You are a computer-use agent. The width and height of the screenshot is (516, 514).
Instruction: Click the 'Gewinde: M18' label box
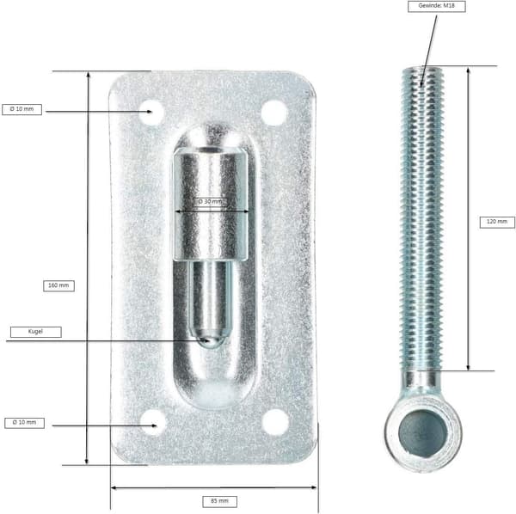point(436,6)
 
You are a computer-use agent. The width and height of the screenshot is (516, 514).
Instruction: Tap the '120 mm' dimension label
point(497,222)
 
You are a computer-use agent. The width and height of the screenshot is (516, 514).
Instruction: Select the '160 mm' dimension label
point(58,285)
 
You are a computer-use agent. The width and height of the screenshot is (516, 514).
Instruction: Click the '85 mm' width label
point(219,501)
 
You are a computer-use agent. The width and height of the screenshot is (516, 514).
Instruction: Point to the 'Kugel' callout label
point(35,332)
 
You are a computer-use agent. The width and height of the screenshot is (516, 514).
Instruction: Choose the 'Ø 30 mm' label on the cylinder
point(210,202)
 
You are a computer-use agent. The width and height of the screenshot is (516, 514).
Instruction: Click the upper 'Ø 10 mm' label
point(21,109)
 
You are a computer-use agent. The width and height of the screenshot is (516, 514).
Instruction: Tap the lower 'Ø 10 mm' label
point(24,423)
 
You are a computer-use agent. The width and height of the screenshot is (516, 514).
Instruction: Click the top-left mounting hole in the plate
point(151,113)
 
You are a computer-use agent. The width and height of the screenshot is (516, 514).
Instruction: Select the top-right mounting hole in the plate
point(274,113)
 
